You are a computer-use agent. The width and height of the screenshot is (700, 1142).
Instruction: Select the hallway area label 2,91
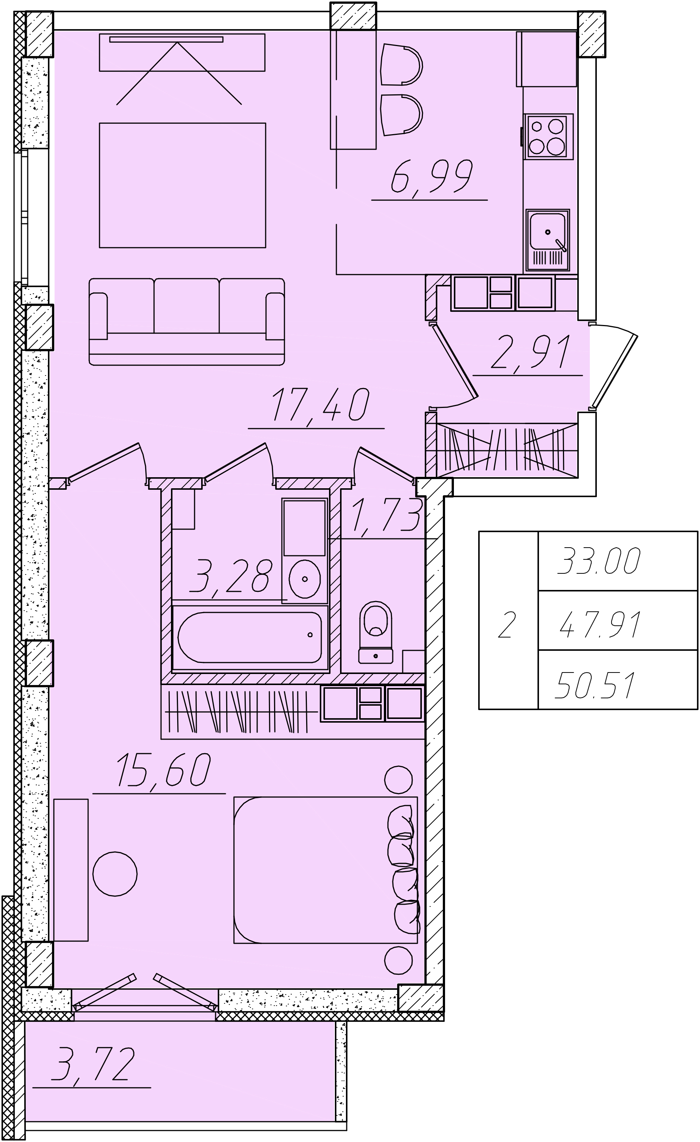point(531,352)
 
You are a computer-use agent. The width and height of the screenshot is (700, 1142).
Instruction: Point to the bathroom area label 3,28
point(230,576)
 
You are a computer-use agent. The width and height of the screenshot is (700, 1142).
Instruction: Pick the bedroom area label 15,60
point(164,770)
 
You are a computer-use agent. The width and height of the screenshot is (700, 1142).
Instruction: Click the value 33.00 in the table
point(599,561)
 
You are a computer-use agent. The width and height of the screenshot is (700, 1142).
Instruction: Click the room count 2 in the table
point(507,625)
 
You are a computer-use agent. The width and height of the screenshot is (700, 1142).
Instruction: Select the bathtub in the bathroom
point(250,638)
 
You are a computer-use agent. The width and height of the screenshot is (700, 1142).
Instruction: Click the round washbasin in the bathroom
point(304,579)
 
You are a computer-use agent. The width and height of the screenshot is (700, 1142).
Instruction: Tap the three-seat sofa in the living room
point(187,322)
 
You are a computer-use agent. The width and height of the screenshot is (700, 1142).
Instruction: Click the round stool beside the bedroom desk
point(115,874)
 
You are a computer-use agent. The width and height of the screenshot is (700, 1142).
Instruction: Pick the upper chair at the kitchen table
point(401,64)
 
